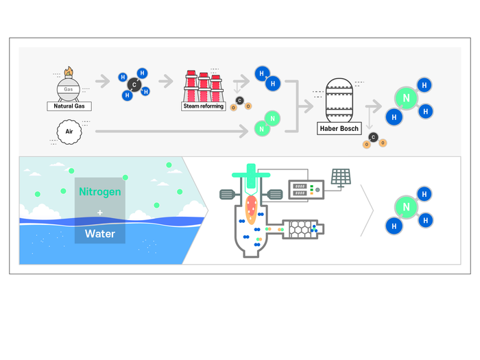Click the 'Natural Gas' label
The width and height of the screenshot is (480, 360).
pyautogui.click(x=69, y=106)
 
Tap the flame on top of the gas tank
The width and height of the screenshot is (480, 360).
pyautogui.click(x=68, y=71)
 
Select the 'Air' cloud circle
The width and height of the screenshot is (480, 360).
pyautogui.click(x=69, y=131)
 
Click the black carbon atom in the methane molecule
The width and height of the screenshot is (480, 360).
pyautogui.click(x=134, y=86)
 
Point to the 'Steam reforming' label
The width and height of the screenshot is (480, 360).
pyautogui.click(x=204, y=106)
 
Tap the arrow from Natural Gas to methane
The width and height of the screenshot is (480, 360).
pyautogui.click(x=103, y=82)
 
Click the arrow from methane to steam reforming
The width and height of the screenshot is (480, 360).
pyautogui.click(x=166, y=82)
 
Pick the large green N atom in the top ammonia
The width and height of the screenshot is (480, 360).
pyautogui.click(x=406, y=99)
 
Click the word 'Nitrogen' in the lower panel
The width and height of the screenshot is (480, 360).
pyautogui.click(x=99, y=192)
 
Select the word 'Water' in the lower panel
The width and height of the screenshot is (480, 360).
pyautogui.click(x=99, y=234)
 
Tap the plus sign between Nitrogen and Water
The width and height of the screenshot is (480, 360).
pyautogui.click(x=99, y=213)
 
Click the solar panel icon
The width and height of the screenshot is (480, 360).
pyautogui.click(x=341, y=177)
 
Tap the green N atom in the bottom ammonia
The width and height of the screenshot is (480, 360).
pyautogui.click(x=406, y=207)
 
